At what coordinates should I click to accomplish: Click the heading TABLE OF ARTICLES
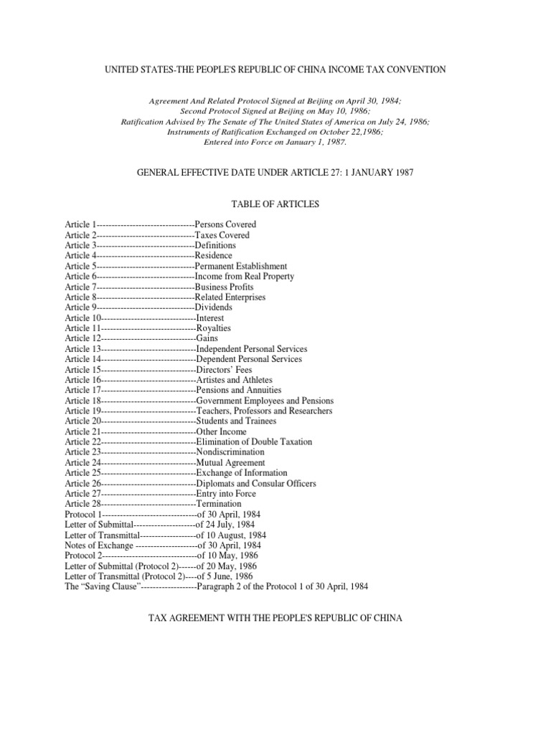[x=275, y=204]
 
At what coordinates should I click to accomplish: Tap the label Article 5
[x=80, y=266]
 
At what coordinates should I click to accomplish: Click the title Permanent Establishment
[x=241, y=266]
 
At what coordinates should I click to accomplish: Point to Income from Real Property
[x=245, y=276]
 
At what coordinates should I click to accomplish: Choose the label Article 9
[x=80, y=307]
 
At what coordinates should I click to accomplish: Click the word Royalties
[x=215, y=328]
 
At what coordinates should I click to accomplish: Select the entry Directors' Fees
[x=224, y=369]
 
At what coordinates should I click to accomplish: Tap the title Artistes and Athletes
[x=234, y=380]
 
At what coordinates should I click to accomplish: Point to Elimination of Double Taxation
[x=254, y=442]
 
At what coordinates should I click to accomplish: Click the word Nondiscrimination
[x=230, y=452]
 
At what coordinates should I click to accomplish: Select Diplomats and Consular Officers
[x=255, y=483]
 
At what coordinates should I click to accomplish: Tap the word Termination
[x=218, y=504]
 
